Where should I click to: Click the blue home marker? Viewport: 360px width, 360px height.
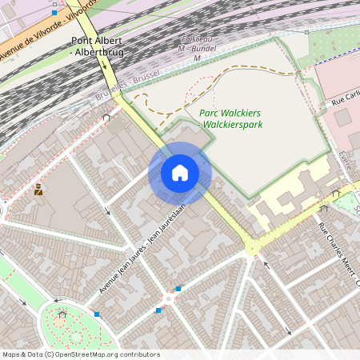pos(180,173)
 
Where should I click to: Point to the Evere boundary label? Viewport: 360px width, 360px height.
pos(344,160)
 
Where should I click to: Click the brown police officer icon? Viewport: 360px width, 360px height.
pos(38,190)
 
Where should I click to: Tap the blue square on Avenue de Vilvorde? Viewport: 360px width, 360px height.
pos(54,13)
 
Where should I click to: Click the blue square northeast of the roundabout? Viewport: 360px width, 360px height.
pos(178,288)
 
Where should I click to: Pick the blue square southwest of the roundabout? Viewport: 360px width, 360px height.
pos(159,310)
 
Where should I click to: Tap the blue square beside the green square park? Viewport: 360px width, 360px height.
pos(97,314)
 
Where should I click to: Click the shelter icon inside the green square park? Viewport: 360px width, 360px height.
pos(62,314)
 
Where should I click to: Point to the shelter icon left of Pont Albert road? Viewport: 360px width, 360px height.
pos(106,117)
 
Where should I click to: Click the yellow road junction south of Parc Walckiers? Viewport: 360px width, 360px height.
pos(254,246)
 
